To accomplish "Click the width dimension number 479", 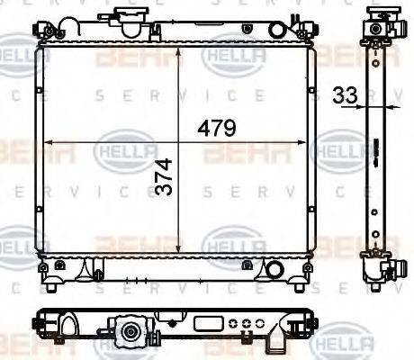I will point(217,129).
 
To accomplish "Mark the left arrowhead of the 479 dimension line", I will point(48,140).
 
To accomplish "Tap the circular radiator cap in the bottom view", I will point(131,334).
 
